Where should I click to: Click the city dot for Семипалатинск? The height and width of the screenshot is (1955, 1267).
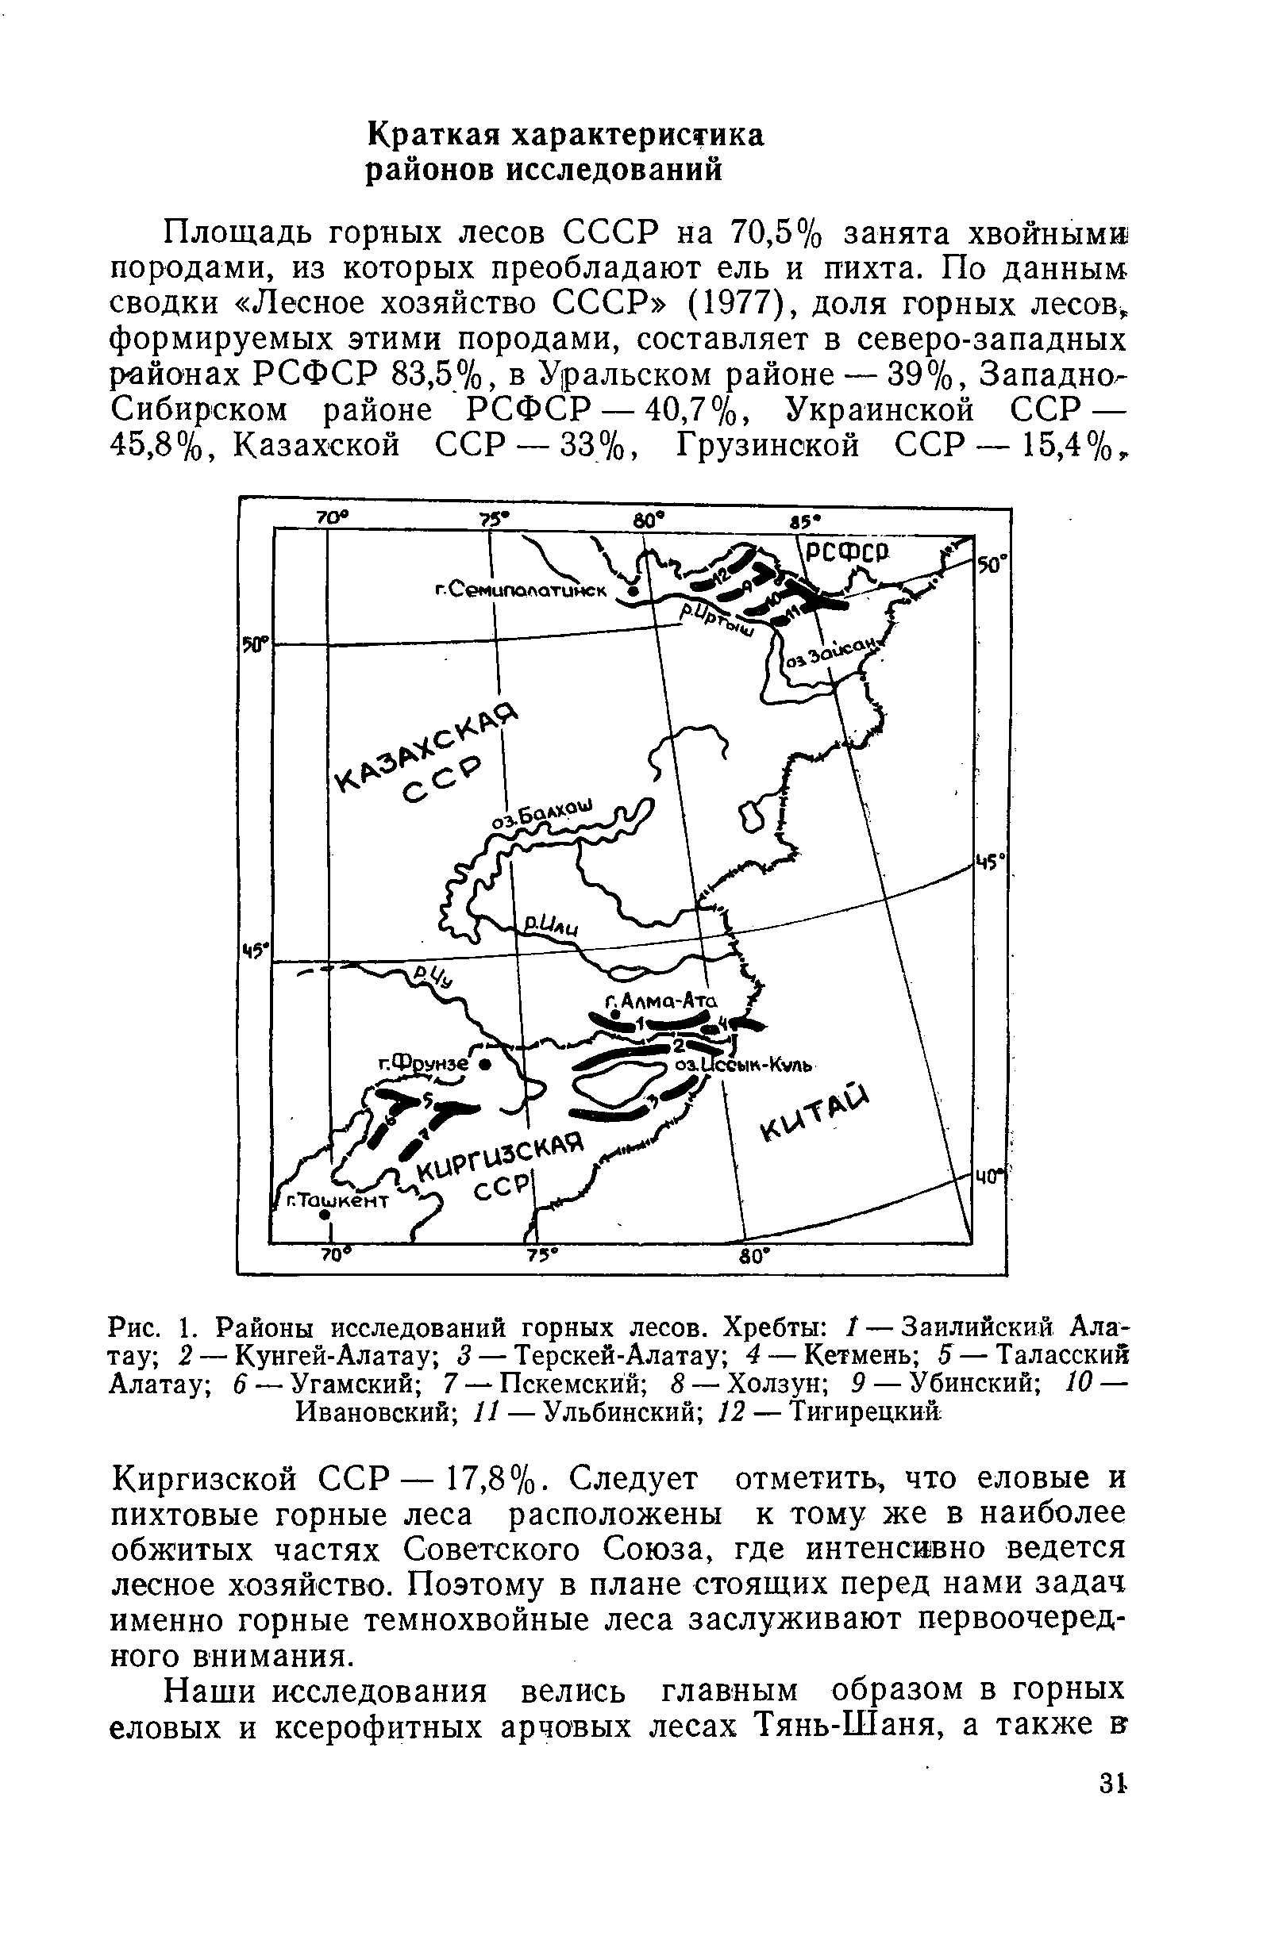(x=631, y=590)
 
